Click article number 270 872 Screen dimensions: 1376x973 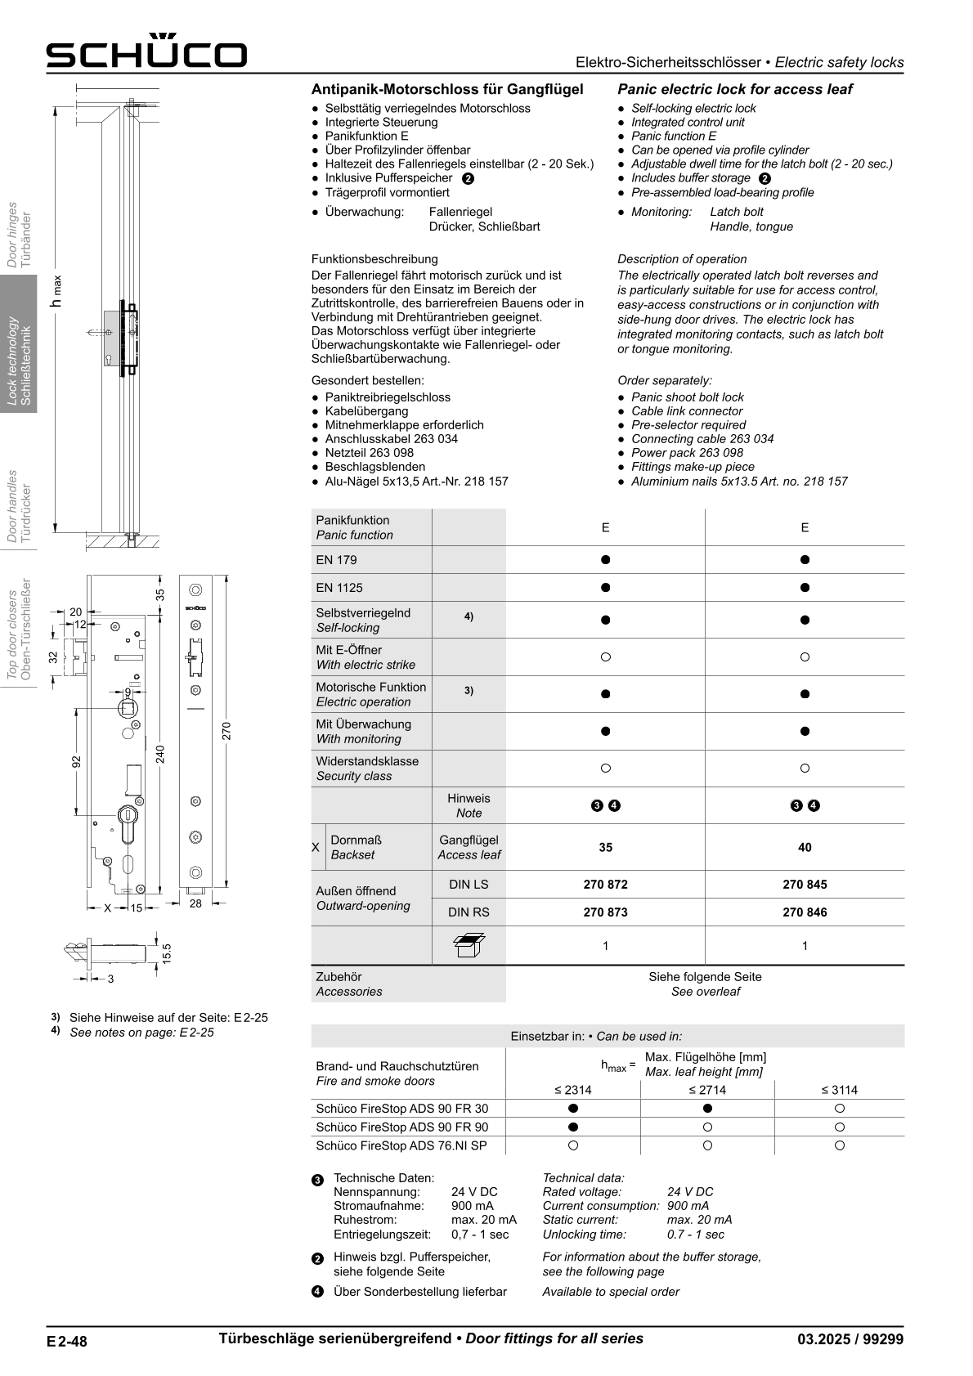(605, 884)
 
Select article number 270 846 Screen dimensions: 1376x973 (805, 912)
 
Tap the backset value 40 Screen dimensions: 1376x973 (805, 847)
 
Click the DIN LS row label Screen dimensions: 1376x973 (469, 884)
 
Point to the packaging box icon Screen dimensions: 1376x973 (469, 945)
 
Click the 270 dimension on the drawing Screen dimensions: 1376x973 (227, 730)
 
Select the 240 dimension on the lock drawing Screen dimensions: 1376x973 (160, 754)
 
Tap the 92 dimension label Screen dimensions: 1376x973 (76, 762)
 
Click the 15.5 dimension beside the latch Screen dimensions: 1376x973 (166, 953)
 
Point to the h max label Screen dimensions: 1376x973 (56, 291)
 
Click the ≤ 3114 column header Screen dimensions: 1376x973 (839, 1090)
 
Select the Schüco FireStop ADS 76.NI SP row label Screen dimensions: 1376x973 (401, 1145)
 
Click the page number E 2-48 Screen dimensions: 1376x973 (67, 1341)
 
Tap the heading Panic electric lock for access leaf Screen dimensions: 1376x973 (734, 89)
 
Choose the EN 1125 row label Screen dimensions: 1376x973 (339, 587)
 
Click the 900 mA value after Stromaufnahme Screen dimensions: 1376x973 (472, 1205)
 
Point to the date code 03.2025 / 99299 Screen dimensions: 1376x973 (850, 1339)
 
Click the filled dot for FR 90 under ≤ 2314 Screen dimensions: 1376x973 (573, 1127)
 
